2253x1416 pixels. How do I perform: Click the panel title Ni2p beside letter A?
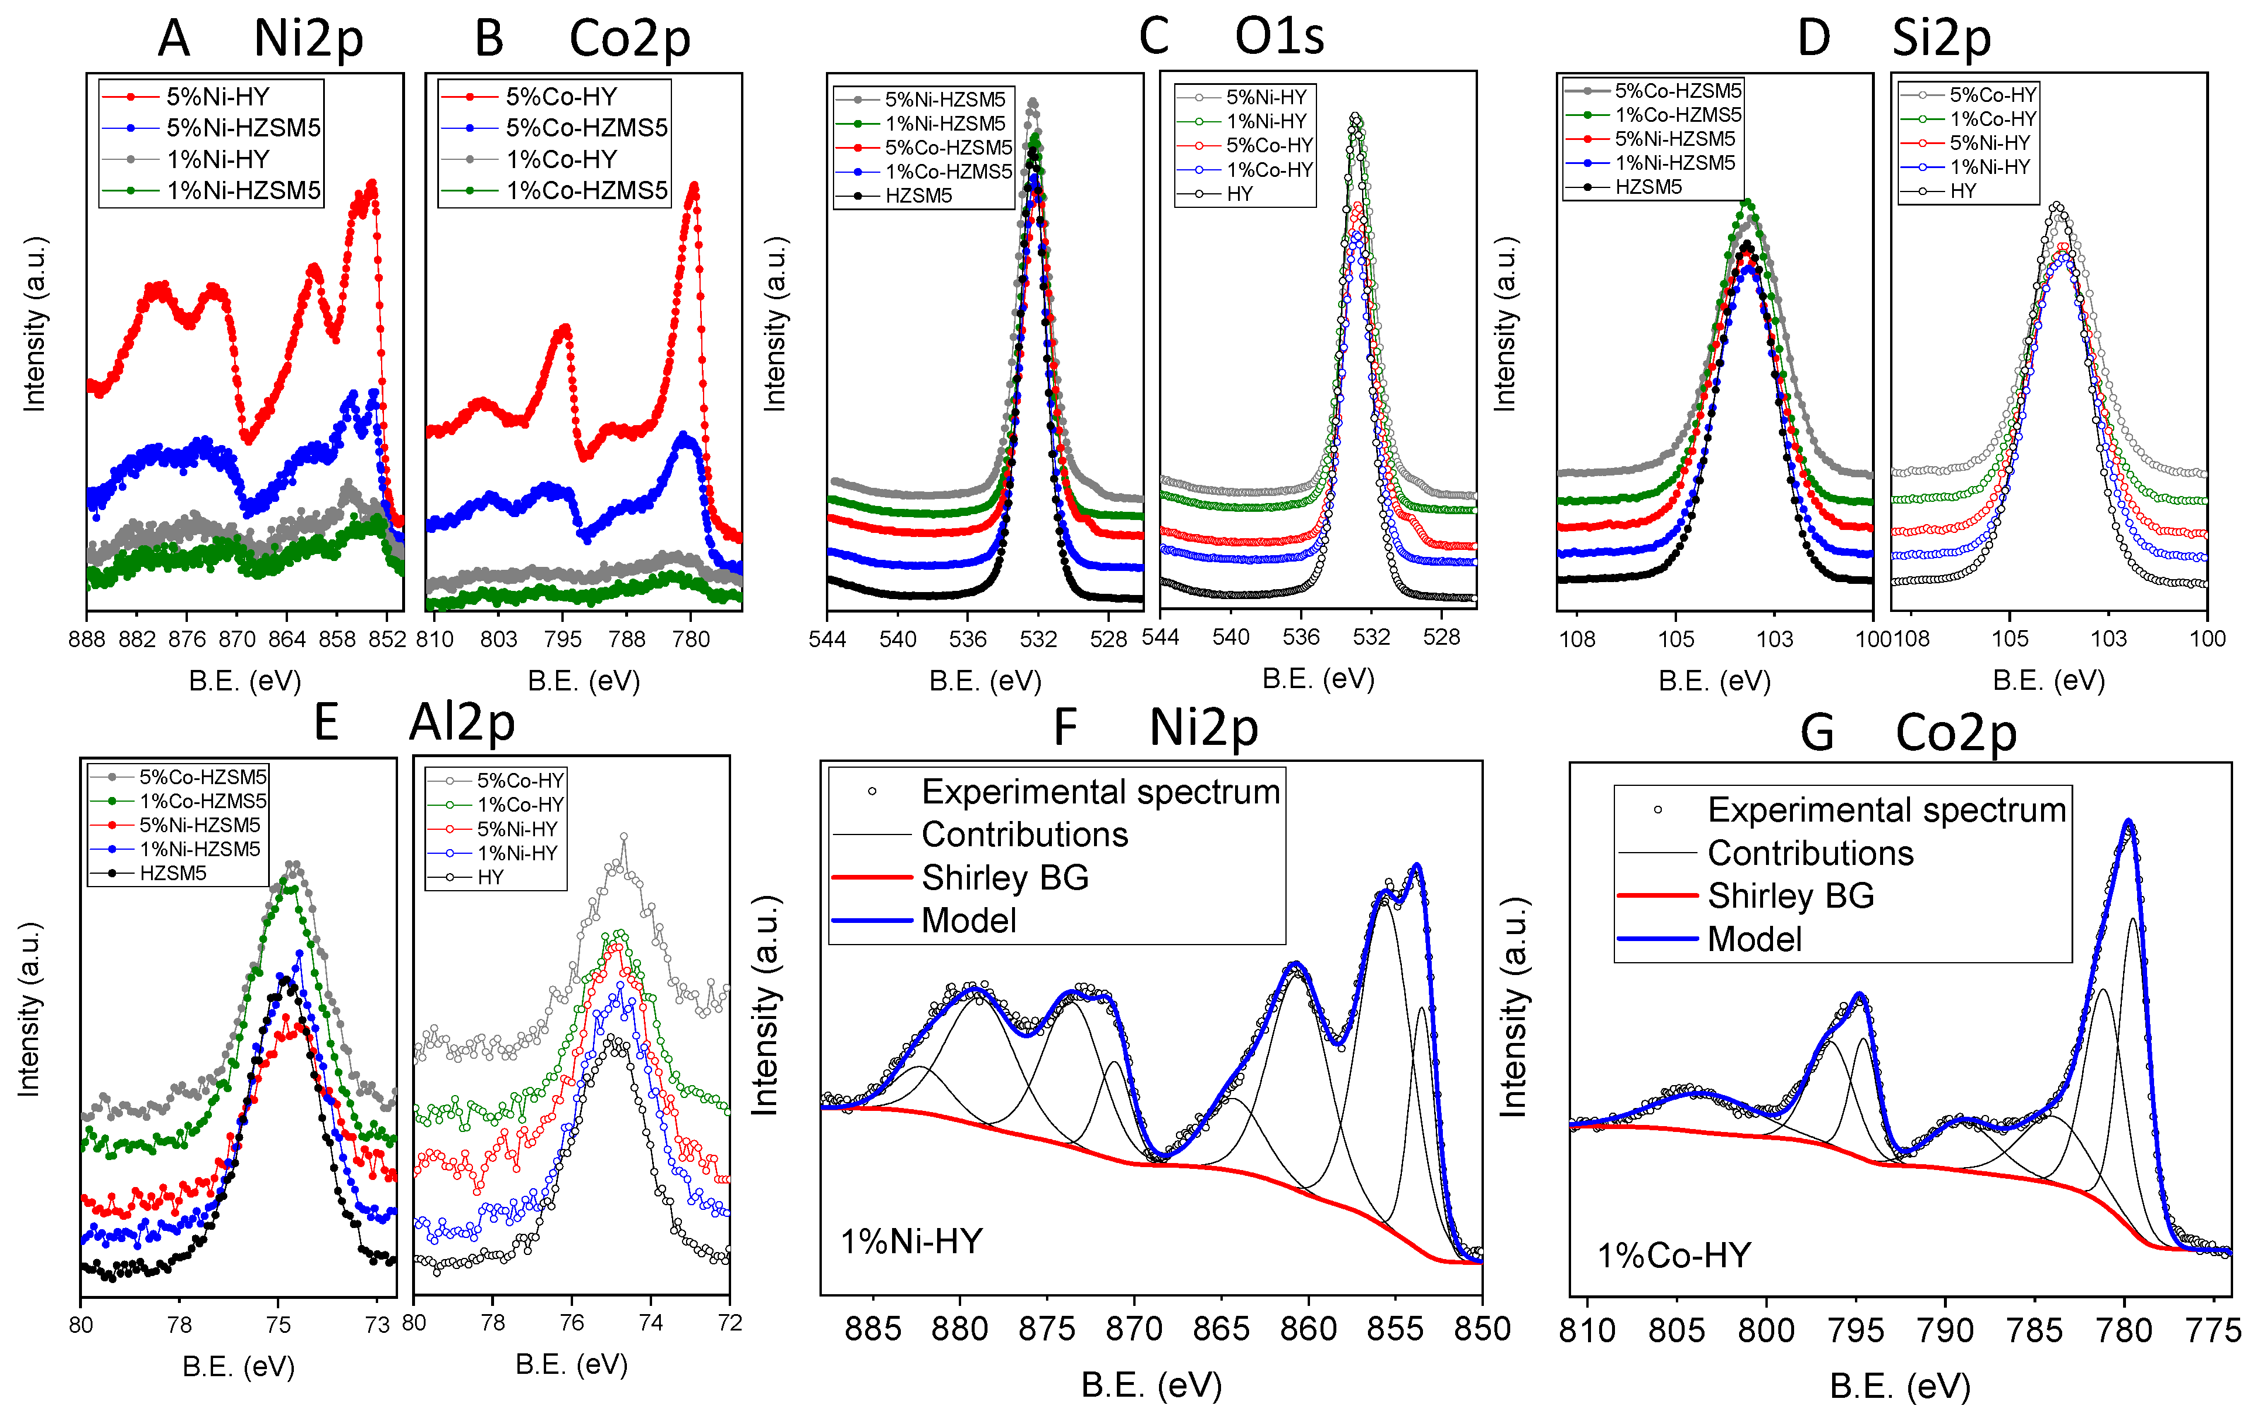coord(308,39)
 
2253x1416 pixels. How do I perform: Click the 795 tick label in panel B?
coord(563,639)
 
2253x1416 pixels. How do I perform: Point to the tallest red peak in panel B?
coord(693,187)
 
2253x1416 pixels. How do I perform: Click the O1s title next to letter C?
coord(1279,37)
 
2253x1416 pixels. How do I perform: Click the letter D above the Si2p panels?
coord(1813,39)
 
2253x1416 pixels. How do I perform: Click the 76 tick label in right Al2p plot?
coord(572,1322)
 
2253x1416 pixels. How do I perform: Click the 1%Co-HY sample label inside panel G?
coord(1673,1255)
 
